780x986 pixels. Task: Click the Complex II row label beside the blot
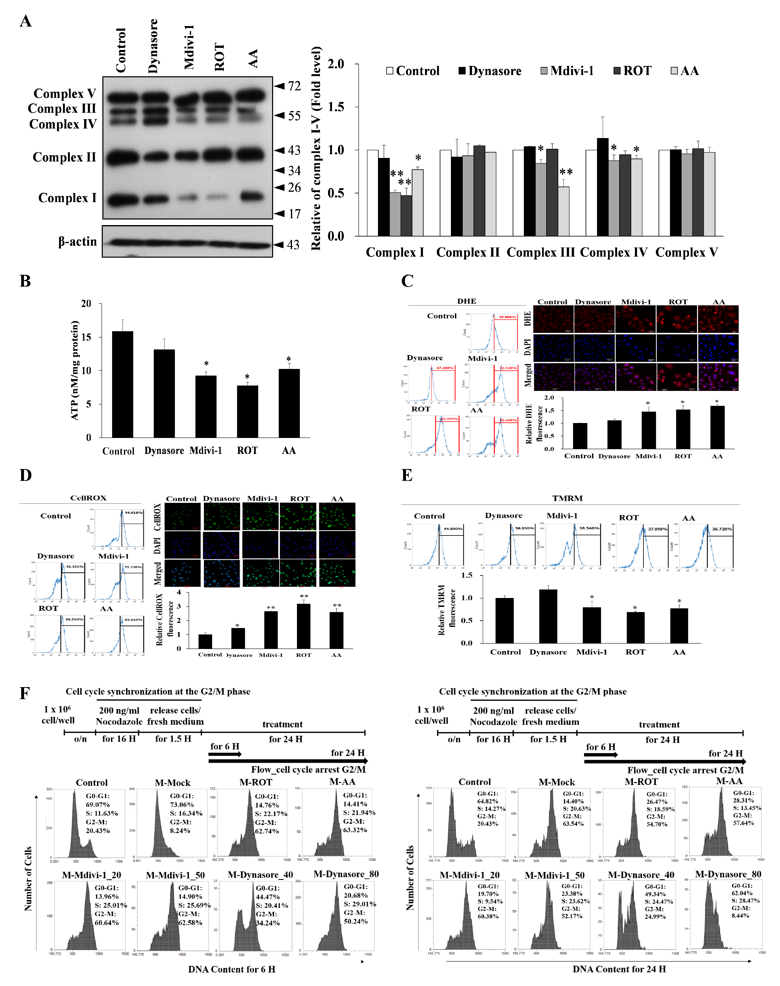[64, 157]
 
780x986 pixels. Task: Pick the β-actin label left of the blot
[78, 242]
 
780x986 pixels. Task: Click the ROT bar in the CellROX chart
[304, 626]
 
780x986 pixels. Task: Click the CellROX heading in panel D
[88, 498]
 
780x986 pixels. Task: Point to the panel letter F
[25, 693]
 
